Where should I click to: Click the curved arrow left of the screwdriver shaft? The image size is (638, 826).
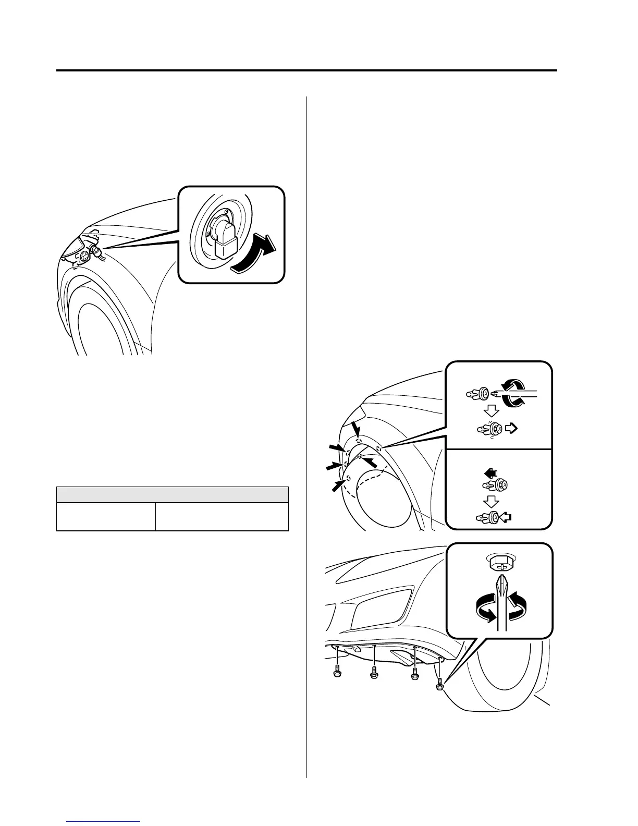tap(485, 609)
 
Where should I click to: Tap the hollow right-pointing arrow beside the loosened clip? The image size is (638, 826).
tap(511, 428)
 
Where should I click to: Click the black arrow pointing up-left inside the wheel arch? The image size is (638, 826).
tap(370, 463)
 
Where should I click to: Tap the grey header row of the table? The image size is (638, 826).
tap(172, 494)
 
